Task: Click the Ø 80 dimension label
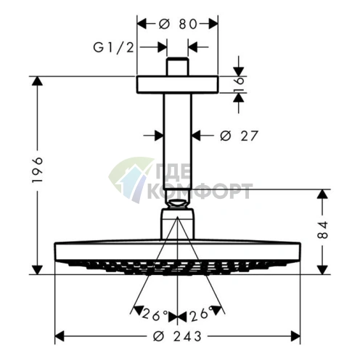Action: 178,24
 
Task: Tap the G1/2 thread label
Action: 113,48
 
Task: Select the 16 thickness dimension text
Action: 239,84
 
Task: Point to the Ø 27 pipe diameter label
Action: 240,136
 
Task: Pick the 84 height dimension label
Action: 322,230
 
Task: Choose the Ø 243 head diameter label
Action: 178,336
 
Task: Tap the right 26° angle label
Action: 202,314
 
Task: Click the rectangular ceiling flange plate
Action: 178,84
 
